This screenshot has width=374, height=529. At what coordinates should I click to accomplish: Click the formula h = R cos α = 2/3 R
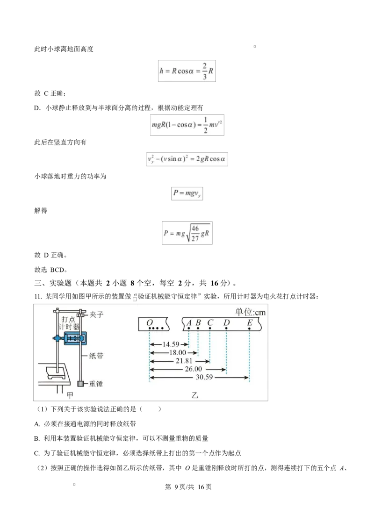tap(187, 71)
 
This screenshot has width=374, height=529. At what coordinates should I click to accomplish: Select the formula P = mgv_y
tap(187, 193)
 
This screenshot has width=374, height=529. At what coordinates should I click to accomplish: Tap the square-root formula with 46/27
tap(187, 233)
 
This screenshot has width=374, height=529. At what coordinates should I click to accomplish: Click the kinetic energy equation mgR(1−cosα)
tap(187, 125)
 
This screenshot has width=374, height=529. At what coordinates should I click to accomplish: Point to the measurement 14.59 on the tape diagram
tap(171, 344)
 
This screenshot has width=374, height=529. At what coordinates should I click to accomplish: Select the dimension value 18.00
tap(178, 352)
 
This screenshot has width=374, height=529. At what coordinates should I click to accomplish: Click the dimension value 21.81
tap(184, 361)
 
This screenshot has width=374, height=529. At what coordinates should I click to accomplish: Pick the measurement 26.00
tap(194, 369)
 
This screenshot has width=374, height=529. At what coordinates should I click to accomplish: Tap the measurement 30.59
tap(204, 377)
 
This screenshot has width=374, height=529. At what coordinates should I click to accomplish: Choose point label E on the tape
tap(250, 322)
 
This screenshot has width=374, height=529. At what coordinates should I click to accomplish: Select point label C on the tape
tap(210, 322)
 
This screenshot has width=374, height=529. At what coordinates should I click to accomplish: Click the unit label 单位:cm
tap(251, 312)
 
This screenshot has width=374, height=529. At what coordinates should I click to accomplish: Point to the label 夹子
tap(96, 315)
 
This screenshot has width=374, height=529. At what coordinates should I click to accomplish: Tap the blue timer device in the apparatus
tap(74, 338)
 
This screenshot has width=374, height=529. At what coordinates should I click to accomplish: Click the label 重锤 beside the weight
tap(96, 384)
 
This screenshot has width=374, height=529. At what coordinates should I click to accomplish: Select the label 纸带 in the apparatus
tap(96, 356)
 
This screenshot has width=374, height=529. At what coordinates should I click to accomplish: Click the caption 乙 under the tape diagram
tap(195, 395)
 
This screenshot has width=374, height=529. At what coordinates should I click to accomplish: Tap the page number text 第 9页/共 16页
tap(188, 487)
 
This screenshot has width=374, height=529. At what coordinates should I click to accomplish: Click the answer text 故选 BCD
tap(50, 270)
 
